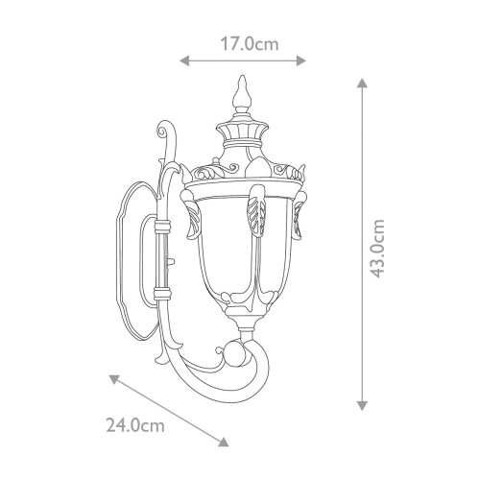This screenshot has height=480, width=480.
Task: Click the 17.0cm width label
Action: [250, 44]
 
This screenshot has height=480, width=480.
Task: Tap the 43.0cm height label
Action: [376, 249]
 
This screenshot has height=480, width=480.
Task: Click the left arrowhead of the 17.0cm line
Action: [184, 60]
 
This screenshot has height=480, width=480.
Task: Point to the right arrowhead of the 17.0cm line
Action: [301, 60]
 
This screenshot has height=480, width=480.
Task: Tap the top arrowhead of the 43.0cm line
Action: [362, 83]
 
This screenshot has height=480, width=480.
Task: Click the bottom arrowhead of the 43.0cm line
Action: [362, 405]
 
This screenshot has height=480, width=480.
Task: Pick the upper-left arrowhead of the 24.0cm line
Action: [114, 379]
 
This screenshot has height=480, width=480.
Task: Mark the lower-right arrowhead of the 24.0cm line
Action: [224, 442]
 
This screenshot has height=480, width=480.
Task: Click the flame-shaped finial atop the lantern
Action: [242, 93]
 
